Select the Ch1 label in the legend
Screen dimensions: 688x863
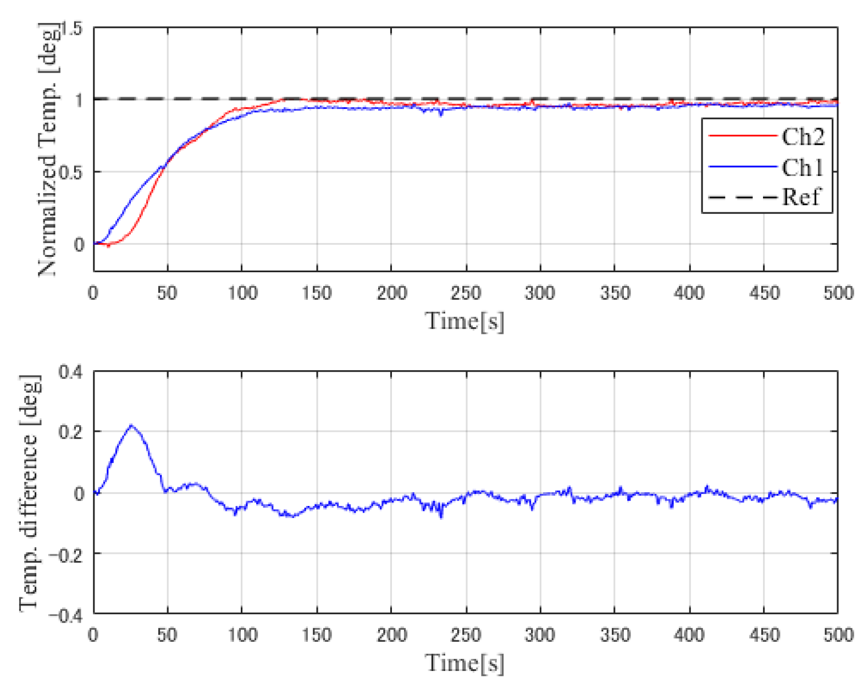(x=803, y=167)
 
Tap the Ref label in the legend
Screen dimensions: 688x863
(x=801, y=197)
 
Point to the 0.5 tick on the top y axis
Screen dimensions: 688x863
(x=71, y=172)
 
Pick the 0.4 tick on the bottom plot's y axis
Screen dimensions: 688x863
(x=71, y=372)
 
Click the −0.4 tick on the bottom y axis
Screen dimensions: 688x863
(x=66, y=614)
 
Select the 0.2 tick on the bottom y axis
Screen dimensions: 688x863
(x=71, y=432)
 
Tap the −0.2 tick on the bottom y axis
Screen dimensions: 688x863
(x=66, y=554)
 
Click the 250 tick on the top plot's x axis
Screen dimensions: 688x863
(x=466, y=293)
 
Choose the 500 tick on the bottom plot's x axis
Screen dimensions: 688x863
(x=838, y=635)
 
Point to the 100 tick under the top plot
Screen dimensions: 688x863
(x=242, y=293)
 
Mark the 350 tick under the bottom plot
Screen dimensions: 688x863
(x=615, y=635)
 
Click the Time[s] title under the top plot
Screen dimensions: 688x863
(x=465, y=321)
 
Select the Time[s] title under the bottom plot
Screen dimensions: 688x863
(x=465, y=663)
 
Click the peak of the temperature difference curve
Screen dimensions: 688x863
(x=131, y=425)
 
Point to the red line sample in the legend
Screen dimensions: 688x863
(x=742, y=136)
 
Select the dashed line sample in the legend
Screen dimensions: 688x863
(x=742, y=197)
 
